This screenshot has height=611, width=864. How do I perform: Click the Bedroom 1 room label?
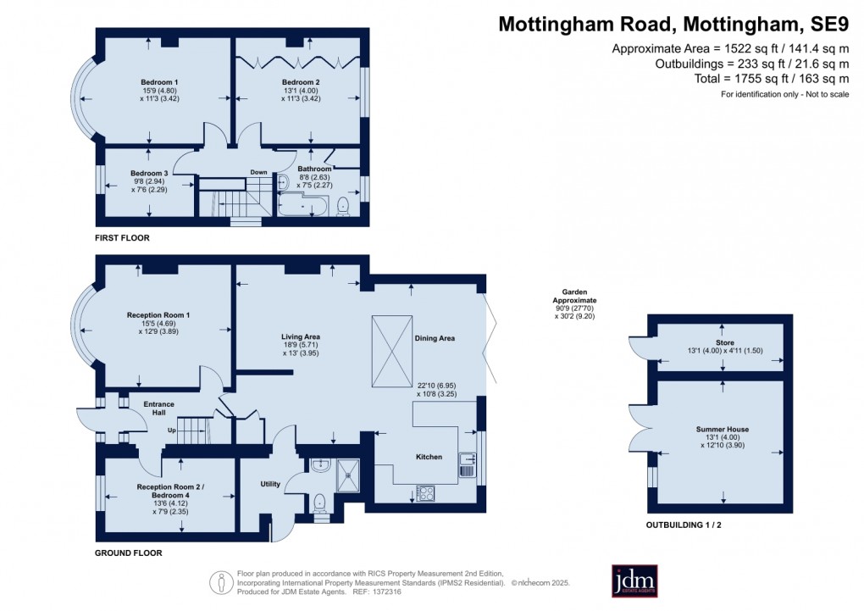152,82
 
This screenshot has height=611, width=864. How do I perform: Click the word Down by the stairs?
258,172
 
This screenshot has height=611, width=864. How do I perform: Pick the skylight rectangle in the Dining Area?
392,352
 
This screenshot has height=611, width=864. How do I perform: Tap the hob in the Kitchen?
425,492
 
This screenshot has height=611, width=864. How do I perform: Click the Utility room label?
269,484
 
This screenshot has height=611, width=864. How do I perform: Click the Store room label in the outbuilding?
723,343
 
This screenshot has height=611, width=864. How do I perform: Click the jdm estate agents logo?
640,580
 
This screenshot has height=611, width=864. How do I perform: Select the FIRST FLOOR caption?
124,238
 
